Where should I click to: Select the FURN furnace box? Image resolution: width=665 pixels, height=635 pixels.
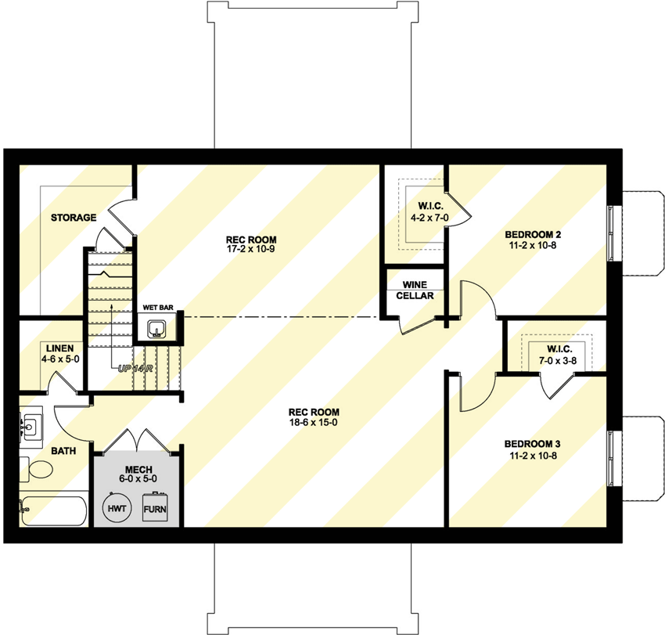(x=155, y=508)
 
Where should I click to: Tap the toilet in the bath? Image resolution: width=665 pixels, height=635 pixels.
(x=36, y=471)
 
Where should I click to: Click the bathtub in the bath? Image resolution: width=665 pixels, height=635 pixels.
(x=51, y=512)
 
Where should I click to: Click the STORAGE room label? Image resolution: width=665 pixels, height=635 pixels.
(x=74, y=217)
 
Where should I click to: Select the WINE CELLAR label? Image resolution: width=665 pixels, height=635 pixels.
(x=414, y=290)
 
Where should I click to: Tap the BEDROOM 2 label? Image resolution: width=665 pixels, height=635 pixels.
(x=533, y=234)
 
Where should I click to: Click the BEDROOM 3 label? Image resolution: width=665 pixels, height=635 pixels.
(x=533, y=443)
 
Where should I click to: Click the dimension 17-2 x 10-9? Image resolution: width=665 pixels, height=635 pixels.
(x=251, y=250)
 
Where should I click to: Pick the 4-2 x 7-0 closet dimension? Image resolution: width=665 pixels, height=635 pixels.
(x=425, y=217)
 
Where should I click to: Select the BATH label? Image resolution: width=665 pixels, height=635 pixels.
(x=41, y=451)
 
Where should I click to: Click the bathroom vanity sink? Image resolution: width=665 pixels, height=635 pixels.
(x=31, y=428)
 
